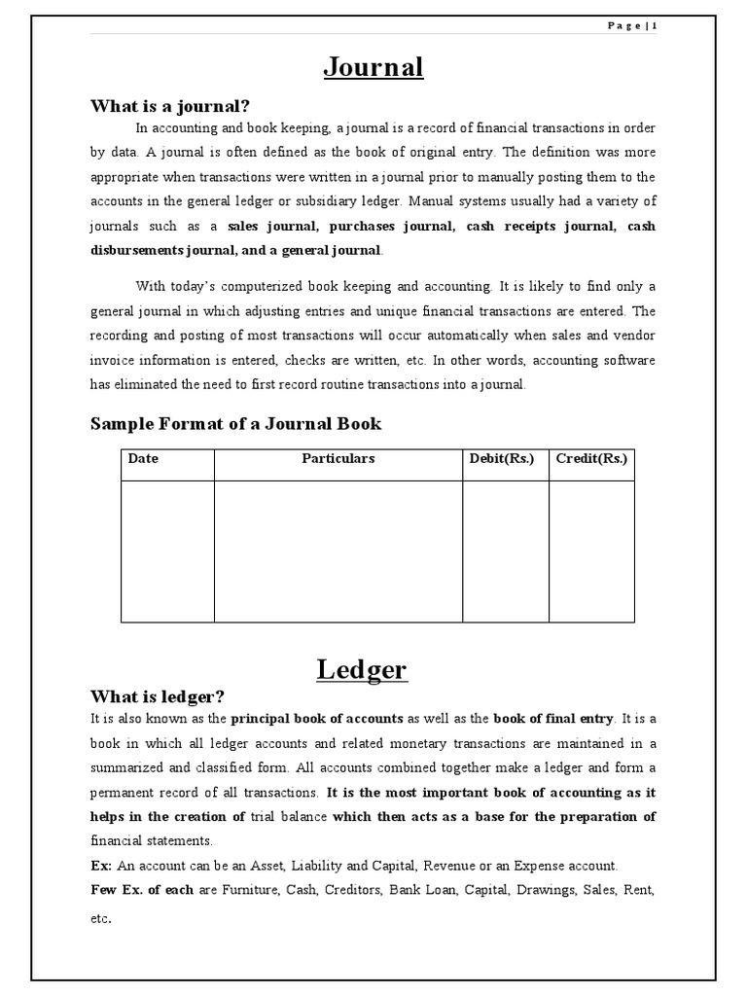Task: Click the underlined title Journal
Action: point(373,67)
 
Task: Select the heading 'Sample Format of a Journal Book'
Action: point(235,423)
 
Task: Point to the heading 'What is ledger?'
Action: point(158,696)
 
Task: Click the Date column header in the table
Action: point(142,459)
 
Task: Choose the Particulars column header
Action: point(338,459)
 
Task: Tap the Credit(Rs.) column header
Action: point(591,459)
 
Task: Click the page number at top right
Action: point(632,27)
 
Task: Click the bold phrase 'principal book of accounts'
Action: point(316,719)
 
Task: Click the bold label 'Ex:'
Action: point(102,866)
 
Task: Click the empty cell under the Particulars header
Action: point(338,551)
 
